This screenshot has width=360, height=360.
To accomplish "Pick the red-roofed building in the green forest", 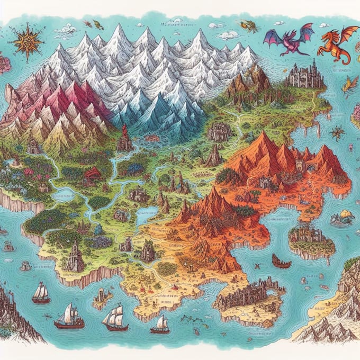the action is (x=93, y=173).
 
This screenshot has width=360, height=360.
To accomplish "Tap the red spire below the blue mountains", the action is (x=125, y=139).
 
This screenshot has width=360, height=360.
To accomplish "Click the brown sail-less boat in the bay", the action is (x=281, y=261).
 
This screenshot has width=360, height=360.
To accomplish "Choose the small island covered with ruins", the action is (x=311, y=238).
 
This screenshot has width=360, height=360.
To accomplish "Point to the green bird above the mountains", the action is (x=98, y=24).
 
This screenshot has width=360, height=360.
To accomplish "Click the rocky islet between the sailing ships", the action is (x=102, y=299).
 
